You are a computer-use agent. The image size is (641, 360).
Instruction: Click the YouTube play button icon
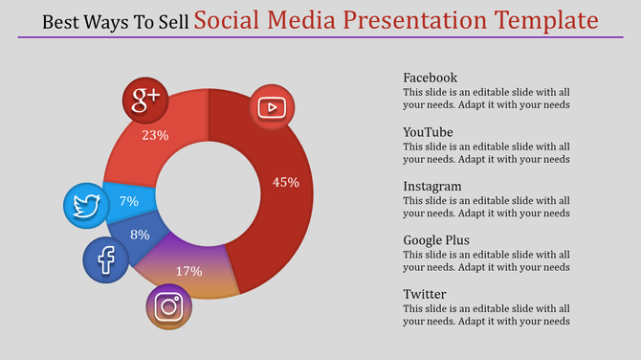tap(273, 107)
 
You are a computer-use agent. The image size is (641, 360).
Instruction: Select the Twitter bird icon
tap(87, 205)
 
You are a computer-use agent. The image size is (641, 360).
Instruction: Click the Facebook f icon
tap(106, 259)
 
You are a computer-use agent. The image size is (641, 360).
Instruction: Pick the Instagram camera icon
tap(169, 306)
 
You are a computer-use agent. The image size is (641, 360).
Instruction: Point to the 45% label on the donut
tap(285, 182)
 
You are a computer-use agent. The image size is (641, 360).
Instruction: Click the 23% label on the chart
tap(155, 136)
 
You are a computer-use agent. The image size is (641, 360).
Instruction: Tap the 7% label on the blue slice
tap(129, 201)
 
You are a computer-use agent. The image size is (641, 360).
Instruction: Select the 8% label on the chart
tap(140, 235)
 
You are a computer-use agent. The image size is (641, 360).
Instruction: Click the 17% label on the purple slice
tap(189, 271)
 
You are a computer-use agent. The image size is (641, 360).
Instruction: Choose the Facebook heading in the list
tap(430, 78)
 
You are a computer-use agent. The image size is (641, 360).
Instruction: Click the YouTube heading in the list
tap(428, 132)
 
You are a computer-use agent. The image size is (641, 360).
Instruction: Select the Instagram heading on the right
tap(432, 186)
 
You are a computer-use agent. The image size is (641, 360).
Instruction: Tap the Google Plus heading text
tap(435, 239)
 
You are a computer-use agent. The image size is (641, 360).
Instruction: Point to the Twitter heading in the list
tap(426, 294)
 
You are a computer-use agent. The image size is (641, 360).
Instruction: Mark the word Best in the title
tap(62, 21)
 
